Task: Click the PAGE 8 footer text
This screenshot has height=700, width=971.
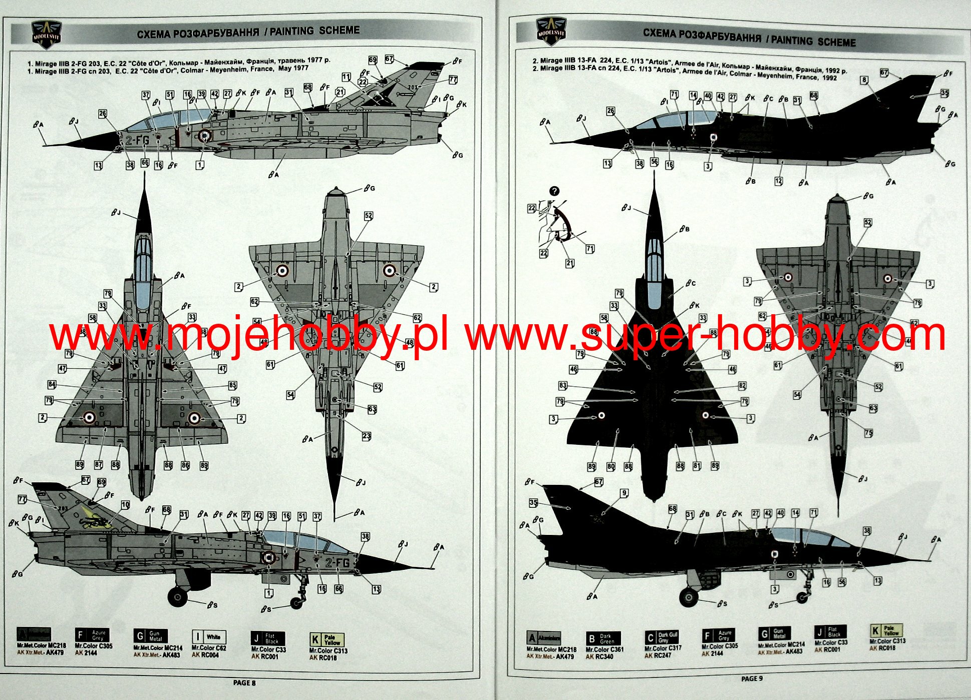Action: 244,682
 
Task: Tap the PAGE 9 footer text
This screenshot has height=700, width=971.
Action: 752,678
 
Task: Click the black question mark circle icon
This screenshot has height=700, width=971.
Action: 554,191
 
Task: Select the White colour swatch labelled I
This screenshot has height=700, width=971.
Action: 209,637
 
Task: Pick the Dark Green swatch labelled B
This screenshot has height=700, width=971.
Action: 603,639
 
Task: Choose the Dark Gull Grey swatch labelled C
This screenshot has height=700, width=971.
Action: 662,637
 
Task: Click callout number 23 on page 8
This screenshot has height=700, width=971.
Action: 367,436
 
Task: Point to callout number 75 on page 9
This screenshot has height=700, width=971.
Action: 868,433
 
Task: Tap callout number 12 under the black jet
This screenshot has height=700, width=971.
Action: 778,181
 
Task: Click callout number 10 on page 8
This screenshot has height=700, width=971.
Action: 125,505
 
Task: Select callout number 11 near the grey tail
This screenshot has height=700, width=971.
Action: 346,77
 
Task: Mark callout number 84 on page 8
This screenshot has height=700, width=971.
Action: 52,384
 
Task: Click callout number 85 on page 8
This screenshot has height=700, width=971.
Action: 232,385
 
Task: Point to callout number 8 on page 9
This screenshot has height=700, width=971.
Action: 864,80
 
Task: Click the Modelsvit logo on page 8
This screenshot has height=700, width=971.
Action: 47,33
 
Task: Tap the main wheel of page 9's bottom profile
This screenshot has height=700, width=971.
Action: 689,596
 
